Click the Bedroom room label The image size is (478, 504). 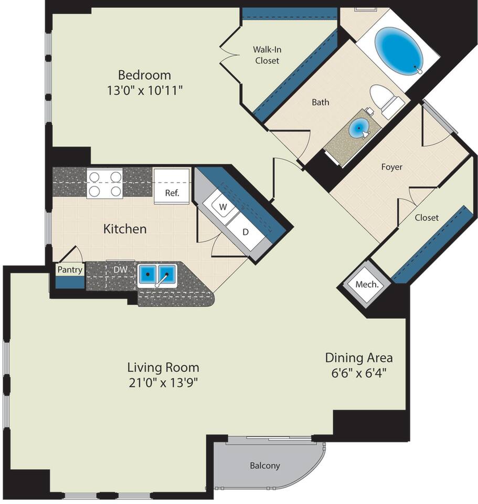click(x=145, y=75)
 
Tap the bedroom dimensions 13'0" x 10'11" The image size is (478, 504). click(x=145, y=91)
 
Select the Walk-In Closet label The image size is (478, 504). click(x=267, y=55)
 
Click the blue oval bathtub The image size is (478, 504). click(x=399, y=51)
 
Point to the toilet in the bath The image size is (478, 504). click(x=387, y=101)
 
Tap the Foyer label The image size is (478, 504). click(x=391, y=167)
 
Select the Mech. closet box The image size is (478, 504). click(x=367, y=284)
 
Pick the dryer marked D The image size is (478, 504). click(x=246, y=232)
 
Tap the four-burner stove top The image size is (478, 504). click(x=105, y=183)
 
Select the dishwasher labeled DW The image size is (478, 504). click(x=121, y=269)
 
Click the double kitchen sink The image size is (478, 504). click(x=157, y=275)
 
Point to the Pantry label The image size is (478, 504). click(x=70, y=270)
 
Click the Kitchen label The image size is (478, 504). click(x=125, y=229)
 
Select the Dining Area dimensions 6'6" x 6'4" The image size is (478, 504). click(x=358, y=373)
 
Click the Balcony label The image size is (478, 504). click(x=264, y=466)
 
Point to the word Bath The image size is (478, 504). click(x=320, y=102)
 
